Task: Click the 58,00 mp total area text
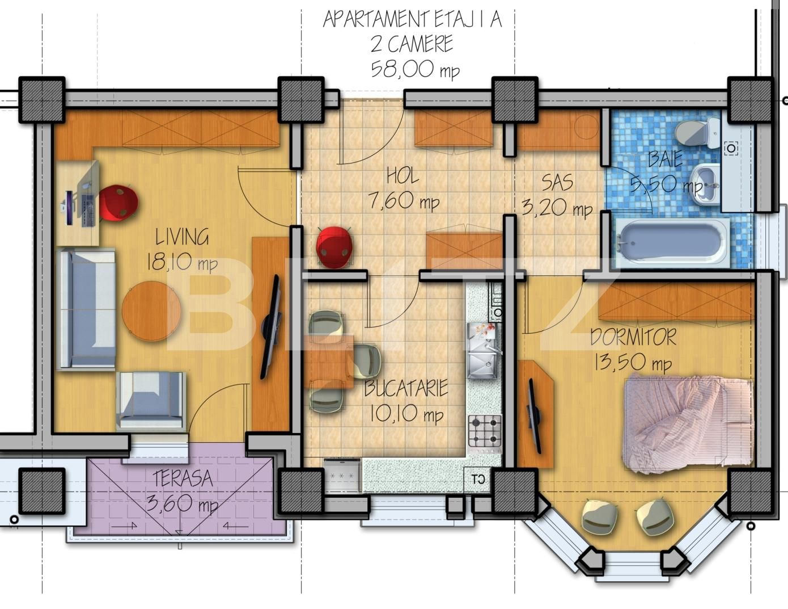click(x=414, y=69)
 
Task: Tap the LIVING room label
click(x=183, y=237)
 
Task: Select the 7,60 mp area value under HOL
click(x=404, y=201)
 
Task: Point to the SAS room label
click(x=557, y=183)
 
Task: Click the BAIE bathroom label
click(x=665, y=159)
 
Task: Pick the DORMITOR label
click(x=633, y=337)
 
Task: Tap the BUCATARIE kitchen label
click(x=406, y=389)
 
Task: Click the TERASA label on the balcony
click(x=183, y=478)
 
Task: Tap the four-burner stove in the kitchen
click(x=485, y=431)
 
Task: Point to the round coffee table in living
click(x=151, y=310)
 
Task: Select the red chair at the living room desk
click(x=118, y=203)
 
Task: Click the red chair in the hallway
click(x=334, y=246)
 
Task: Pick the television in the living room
click(x=270, y=327)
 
